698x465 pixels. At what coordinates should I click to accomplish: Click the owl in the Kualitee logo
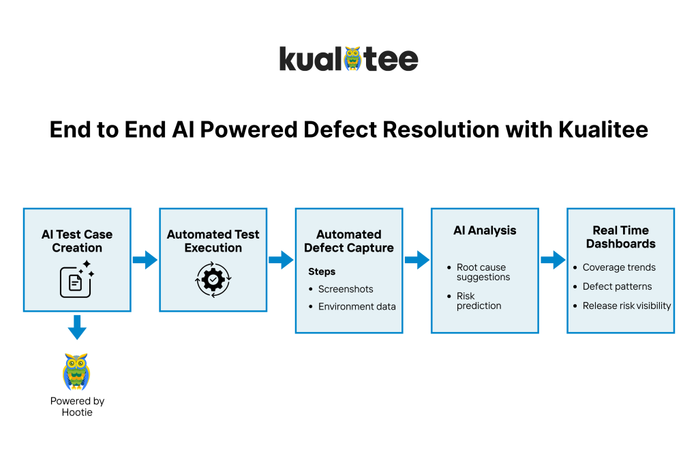[x=352, y=59]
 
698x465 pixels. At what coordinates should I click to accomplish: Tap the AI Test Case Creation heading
[x=77, y=241]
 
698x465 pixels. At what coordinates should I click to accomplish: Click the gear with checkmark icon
[x=213, y=280]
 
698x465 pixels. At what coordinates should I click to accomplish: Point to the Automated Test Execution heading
[x=213, y=241]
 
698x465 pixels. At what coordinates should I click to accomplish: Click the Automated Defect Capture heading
[x=349, y=241]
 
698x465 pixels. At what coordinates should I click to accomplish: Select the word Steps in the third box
[x=322, y=271]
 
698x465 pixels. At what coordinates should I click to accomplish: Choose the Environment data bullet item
[x=356, y=307]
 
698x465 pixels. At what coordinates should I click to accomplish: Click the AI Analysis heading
[x=485, y=230]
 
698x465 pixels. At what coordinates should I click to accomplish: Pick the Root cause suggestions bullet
[x=483, y=272]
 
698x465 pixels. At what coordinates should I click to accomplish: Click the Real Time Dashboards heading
[x=621, y=237]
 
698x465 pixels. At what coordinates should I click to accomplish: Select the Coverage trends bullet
[x=619, y=267]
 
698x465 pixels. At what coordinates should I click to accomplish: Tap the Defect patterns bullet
[x=617, y=286]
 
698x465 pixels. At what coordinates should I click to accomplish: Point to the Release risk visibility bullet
[x=626, y=306]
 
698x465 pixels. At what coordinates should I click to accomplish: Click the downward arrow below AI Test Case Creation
[x=77, y=327]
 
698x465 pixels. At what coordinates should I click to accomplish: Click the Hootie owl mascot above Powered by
[x=76, y=372]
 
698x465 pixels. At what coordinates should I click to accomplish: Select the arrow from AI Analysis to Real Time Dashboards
[x=553, y=260]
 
